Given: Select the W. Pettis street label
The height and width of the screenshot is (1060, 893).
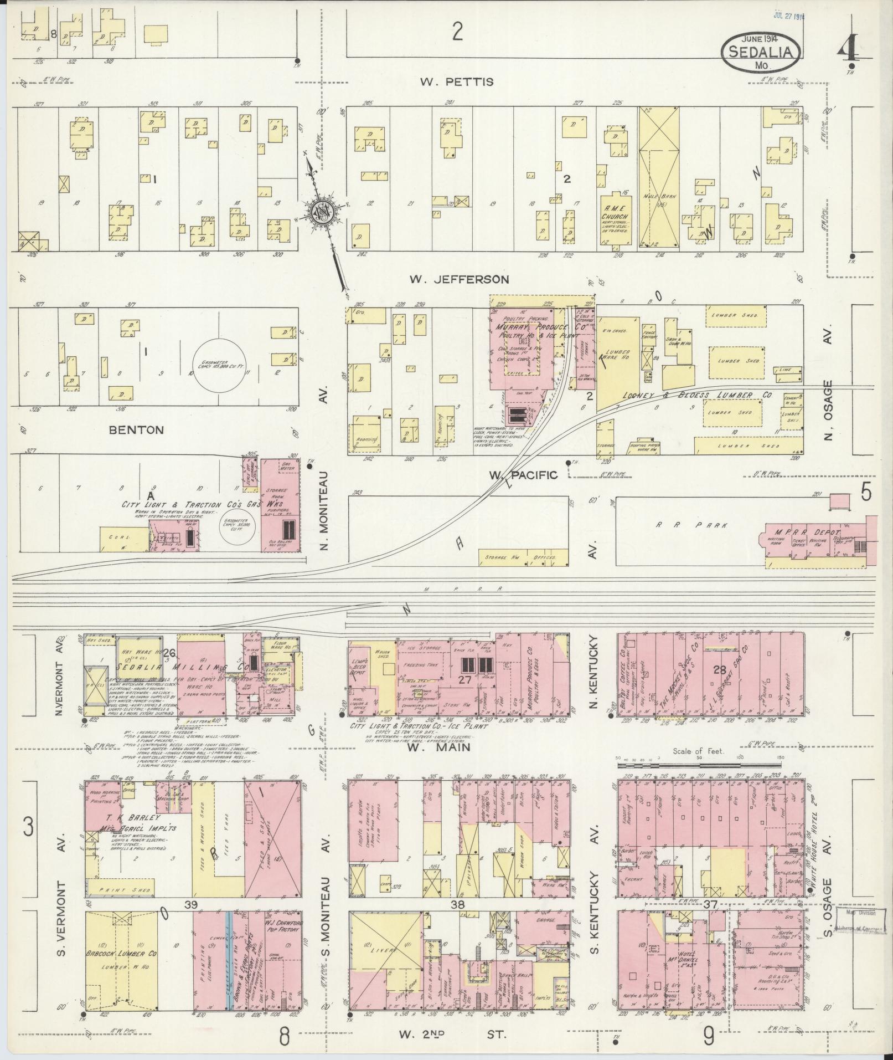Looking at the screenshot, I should click(x=456, y=82).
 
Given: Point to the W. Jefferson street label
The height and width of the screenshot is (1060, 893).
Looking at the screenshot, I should click(x=459, y=279).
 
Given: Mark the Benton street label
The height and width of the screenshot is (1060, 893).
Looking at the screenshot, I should click(x=136, y=429).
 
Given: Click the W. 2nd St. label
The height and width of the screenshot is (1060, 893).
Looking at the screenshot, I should click(x=452, y=1033).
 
